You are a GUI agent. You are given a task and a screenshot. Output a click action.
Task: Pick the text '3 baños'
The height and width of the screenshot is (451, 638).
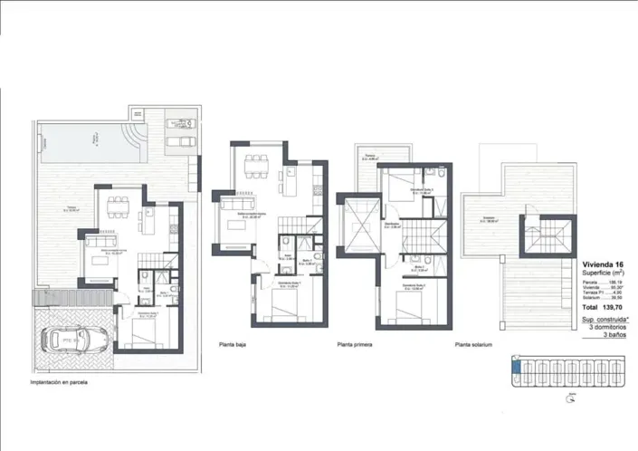tap(615, 335)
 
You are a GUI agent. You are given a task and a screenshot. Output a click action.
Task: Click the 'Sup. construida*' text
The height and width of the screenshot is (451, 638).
tap(605, 320)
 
